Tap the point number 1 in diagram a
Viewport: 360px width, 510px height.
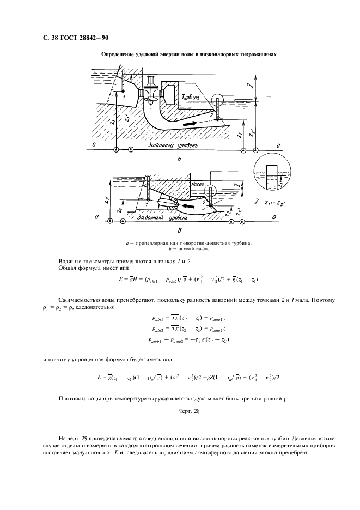pos(124,96)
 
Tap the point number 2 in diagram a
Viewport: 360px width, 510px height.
pos(211,115)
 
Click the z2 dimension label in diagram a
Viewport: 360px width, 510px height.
pos(240,136)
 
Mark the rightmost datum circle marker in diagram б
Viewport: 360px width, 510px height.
pos(242,221)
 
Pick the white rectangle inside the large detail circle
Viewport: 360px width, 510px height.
pos(272,175)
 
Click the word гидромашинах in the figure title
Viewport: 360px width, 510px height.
pos(259,54)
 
